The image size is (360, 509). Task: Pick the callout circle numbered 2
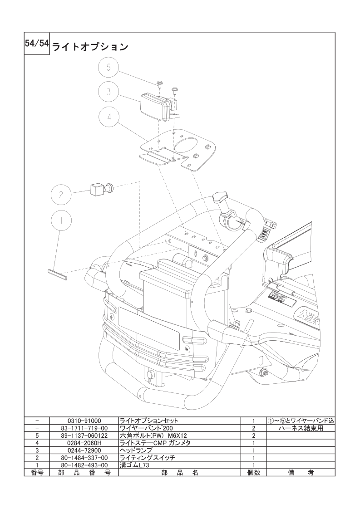pyautogui.click(x=61, y=195)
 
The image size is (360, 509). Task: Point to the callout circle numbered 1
pyautogui.click(x=61, y=220)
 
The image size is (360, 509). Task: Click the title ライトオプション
pyautogui.click(x=90, y=47)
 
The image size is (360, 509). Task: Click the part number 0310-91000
pyautogui.click(x=84, y=421)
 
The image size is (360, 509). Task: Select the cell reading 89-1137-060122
pyautogui.click(x=84, y=436)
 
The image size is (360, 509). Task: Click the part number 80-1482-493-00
pyautogui.click(x=84, y=465)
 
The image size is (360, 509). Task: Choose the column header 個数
pyautogui.click(x=253, y=473)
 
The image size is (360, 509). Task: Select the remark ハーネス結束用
pyautogui.click(x=301, y=428)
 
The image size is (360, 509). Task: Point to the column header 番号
pyautogui.click(x=37, y=473)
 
